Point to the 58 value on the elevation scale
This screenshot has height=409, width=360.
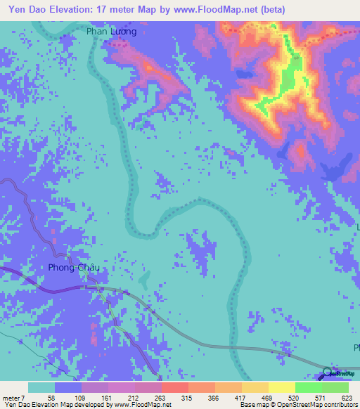point(51,397)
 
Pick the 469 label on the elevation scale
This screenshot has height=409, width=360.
point(268,397)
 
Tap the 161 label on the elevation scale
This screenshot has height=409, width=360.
point(105,397)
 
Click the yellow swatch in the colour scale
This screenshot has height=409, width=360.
point(281,387)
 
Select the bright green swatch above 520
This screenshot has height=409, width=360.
point(308,387)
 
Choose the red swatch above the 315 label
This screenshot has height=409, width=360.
point(174,387)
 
